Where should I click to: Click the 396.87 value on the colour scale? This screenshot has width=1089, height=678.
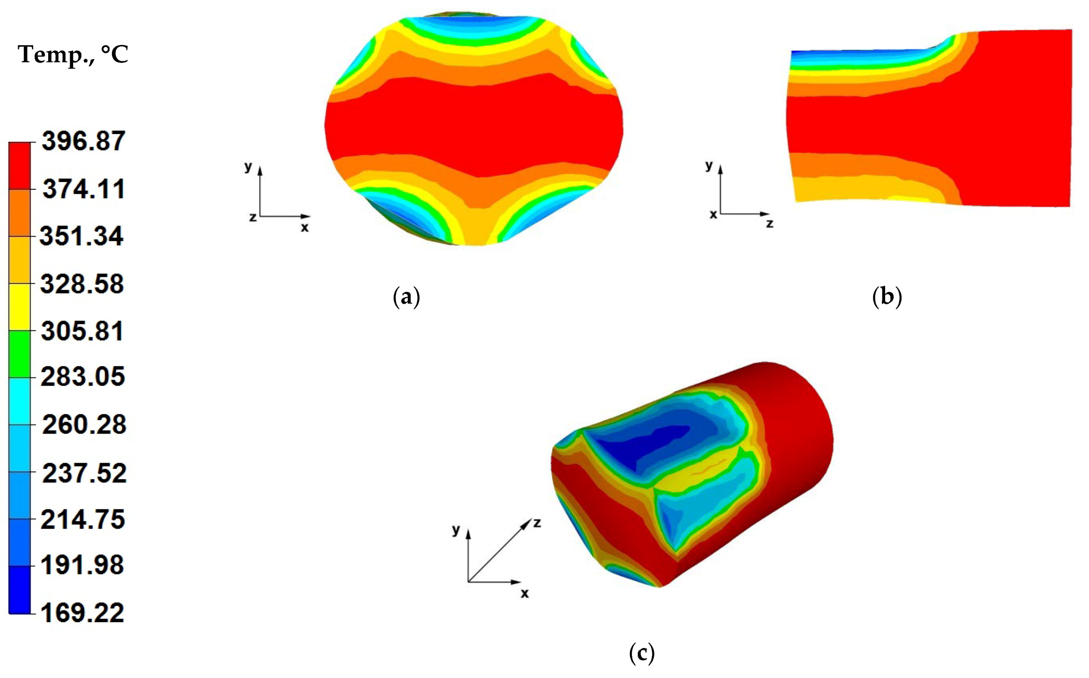84,141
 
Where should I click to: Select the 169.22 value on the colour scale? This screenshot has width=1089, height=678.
83,613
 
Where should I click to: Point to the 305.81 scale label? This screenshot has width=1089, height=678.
82,331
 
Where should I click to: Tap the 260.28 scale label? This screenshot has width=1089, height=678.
84,424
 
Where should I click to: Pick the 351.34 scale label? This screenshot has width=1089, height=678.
81,235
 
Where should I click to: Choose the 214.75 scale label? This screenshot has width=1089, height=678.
83,520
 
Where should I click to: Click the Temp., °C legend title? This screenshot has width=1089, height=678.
73,55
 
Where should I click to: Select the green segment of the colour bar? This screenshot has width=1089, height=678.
20,354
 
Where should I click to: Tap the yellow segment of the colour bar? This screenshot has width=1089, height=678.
20,307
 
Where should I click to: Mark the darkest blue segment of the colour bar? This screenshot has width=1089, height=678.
20,589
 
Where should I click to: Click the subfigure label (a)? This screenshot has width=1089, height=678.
406,297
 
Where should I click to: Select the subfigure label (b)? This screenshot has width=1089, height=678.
887,297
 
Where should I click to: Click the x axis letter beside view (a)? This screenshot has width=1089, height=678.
305,227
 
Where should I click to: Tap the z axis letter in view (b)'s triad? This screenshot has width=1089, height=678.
770,223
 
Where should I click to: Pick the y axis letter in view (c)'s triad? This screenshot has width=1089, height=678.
456,529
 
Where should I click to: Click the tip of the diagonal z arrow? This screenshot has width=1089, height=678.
531,520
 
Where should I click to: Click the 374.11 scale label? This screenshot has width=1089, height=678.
84,189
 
